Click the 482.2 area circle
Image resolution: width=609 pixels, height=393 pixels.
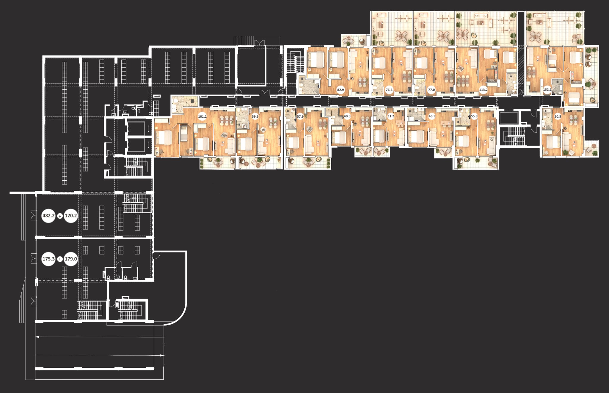(48, 216)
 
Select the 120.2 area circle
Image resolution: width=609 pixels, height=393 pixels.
(71, 216)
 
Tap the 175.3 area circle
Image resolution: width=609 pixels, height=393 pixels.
(48, 259)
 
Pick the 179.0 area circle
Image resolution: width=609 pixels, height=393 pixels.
(71, 259)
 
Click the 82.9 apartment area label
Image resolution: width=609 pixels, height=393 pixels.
(340, 90)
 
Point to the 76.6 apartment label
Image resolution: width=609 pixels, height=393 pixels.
(389, 90)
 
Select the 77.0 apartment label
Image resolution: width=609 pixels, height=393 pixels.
(431, 90)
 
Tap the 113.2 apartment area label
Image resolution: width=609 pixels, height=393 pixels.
(483, 90)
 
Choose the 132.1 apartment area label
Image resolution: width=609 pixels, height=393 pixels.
(547, 90)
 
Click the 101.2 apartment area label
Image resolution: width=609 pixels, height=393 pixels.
(202, 116)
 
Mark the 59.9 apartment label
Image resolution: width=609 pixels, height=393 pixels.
(255, 116)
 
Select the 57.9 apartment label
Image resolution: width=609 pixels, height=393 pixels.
(300, 116)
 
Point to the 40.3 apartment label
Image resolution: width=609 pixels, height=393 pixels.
(347, 116)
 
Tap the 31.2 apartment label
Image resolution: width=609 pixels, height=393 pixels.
(391, 116)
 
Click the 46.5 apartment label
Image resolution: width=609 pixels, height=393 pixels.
(432, 116)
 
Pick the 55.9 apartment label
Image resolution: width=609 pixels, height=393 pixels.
(474, 116)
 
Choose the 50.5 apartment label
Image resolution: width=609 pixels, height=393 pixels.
(558, 116)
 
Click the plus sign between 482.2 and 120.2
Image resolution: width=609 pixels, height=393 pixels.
(60, 216)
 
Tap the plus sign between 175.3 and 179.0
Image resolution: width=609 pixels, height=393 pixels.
(60, 259)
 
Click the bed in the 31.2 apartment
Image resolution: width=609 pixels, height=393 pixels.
(379, 136)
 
